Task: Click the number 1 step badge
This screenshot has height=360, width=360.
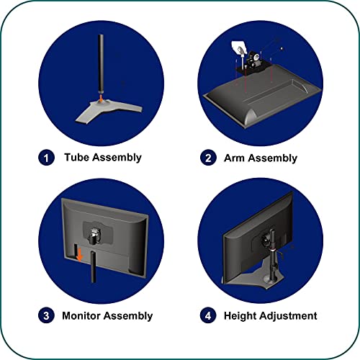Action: pyautogui.click(x=46, y=158)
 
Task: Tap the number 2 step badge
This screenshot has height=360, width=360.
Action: pyautogui.click(x=208, y=158)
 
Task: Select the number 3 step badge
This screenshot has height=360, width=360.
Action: pyautogui.click(x=46, y=315)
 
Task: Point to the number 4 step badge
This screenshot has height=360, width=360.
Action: pyautogui.click(x=208, y=315)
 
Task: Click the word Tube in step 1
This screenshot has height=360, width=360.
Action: pyautogui.click(x=77, y=157)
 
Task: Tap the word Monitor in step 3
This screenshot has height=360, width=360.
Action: pyautogui.click(x=81, y=315)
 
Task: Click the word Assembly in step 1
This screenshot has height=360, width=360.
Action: pyautogui.click(x=117, y=158)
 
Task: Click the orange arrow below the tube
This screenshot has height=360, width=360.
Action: pyautogui.click(x=102, y=97)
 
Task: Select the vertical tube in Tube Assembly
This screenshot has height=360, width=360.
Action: pyautogui.click(x=101, y=63)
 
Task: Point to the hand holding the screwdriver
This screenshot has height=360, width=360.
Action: pyautogui.click(x=239, y=48)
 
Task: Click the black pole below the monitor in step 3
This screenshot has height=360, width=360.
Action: pyautogui.click(x=93, y=267)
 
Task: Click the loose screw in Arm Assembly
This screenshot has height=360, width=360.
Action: pyautogui.click(x=282, y=49)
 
